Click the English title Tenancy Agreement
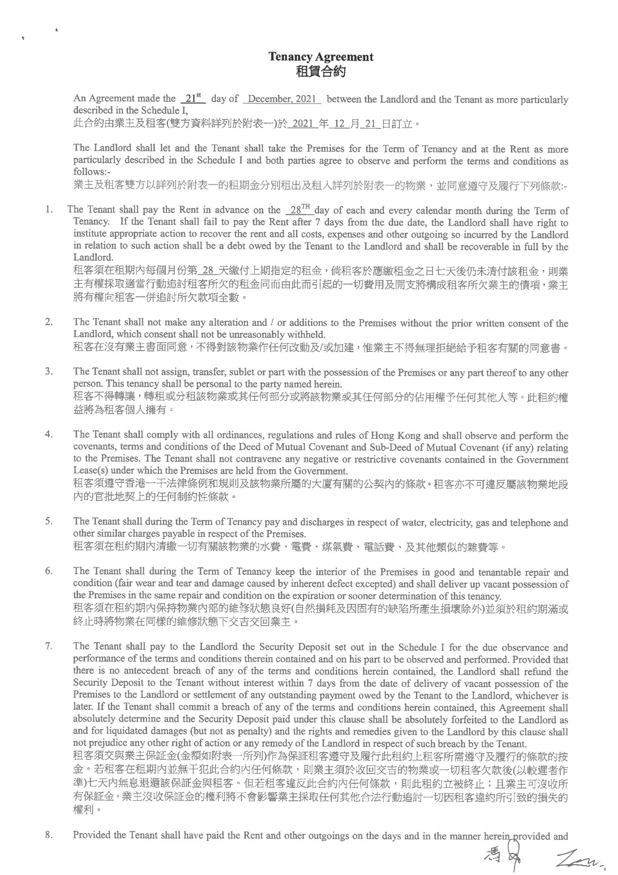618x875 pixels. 321,57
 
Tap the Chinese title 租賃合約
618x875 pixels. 321,71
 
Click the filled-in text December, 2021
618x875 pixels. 282,99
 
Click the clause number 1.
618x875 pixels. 48,209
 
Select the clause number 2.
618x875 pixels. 48,321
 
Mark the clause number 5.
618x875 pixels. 48,521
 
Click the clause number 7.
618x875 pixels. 48,646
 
